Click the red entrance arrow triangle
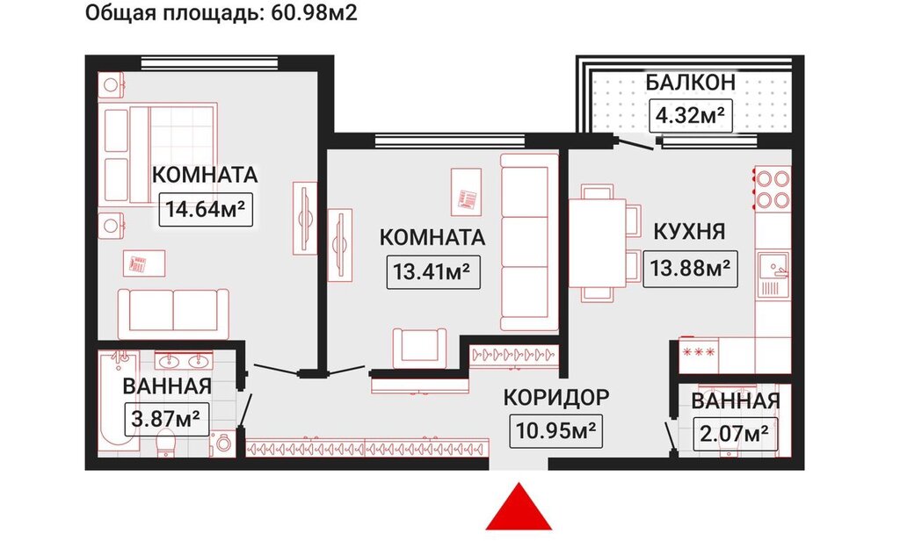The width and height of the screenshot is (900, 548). tap(519, 508)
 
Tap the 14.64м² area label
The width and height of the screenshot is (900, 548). tap(206, 209)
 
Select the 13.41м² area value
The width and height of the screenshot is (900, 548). tap(433, 271)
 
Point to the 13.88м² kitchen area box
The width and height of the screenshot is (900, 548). tap(690, 268)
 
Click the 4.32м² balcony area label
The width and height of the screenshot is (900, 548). tap(691, 116)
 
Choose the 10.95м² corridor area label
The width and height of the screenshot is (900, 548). tap(555, 430)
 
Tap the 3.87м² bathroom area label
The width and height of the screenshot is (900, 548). tap(166, 419)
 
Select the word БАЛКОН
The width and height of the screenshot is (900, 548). tap(691, 83)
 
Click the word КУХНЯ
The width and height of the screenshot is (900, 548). tap(690, 232)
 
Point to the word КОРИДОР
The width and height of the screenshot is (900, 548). tap(556, 397)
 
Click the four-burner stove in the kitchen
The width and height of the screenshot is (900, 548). tap(773, 188)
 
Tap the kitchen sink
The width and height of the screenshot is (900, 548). tap(773, 275)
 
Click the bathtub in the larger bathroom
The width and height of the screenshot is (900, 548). tap(119, 402)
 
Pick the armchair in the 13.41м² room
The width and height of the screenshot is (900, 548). tap(419, 348)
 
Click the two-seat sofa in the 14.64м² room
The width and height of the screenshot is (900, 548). tap(173, 313)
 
